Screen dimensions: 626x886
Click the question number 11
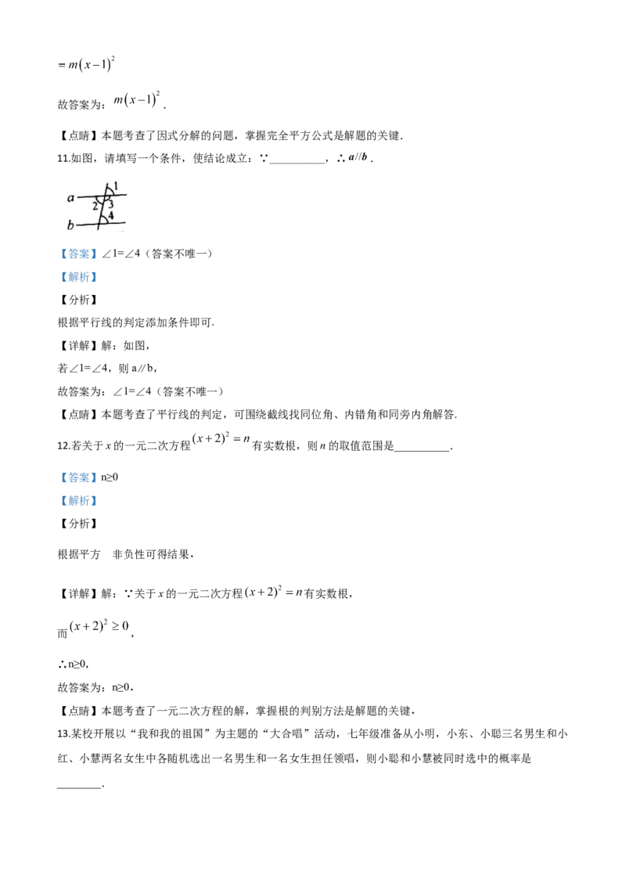pyautogui.click(x=63, y=159)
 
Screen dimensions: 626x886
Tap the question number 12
pyautogui.click(x=63, y=446)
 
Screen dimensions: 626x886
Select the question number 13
pyautogui.click(x=63, y=734)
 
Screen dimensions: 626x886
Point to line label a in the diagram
pyautogui.click(x=70, y=198)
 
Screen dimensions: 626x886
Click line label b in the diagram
pyautogui.click(x=70, y=225)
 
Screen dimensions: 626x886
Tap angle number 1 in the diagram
pyautogui.click(x=116, y=186)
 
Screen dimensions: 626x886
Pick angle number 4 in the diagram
pyautogui.click(x=111, y=215)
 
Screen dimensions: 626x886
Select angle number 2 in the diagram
pyautogui.click(x=95, y=207)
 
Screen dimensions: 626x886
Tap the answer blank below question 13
pyautogui.click(x=80, y=785)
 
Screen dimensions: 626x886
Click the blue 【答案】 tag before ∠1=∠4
pyautogui.click(x=79, y=254)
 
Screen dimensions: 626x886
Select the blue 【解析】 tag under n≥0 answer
pyautogui.click(x=79, y=501)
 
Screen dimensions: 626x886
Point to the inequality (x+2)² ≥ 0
pyautogui.click(x=99, y=626)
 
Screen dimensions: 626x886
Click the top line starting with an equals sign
pyautogui.click(x=86, y=64)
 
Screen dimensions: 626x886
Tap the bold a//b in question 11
pyautogui.click(x=358, y=157)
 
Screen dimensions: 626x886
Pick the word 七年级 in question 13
pyautogui.click(x=363, y=734)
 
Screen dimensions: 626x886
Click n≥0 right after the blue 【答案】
pyautogui.click(x=110, y=477)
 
